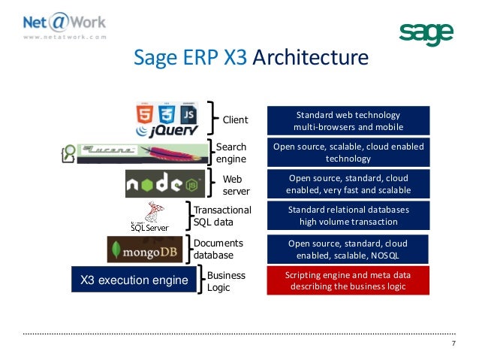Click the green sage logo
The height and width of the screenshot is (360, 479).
pos(426,33)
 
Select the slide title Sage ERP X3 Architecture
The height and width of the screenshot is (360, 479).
pos(251,59)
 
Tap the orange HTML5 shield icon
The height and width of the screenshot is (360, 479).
pos(144,113)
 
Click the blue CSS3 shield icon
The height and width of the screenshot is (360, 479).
pos(167,113)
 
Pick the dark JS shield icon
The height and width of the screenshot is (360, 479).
pos(188,113)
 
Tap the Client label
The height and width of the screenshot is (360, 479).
pos(236,120)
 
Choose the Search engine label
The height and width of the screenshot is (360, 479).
pos(231,153)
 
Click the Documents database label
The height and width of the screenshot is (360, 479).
pos(218,249)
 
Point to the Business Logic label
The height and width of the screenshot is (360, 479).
pos(226,281)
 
